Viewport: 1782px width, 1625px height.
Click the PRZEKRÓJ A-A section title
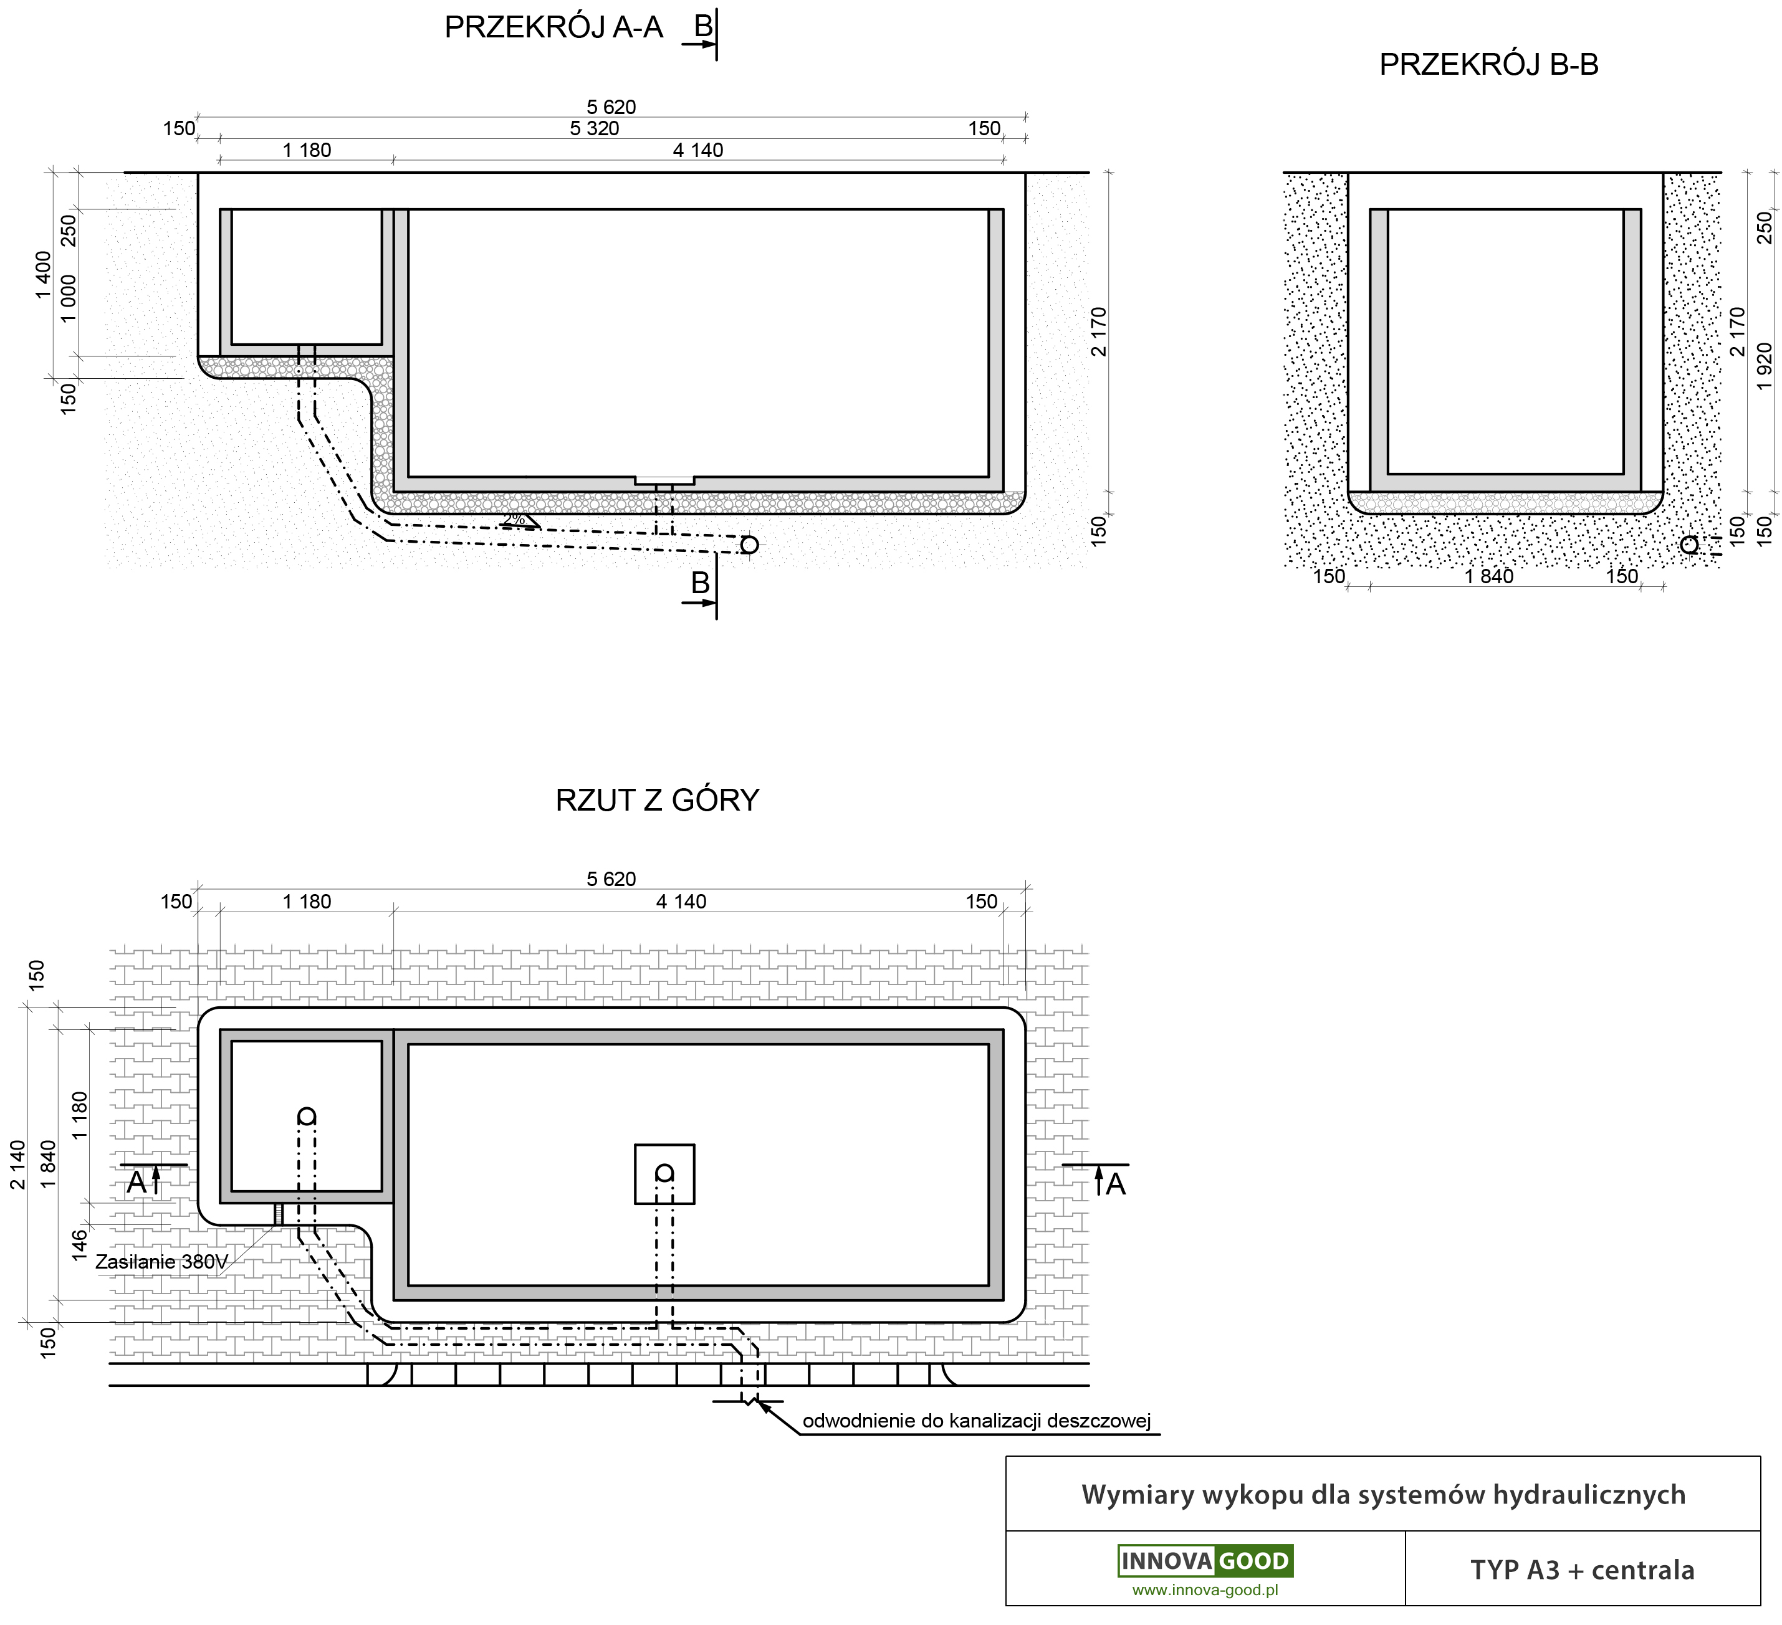point(553,27)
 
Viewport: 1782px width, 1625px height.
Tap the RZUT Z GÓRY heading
point(657,799)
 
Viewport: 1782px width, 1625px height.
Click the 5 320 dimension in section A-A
point(594,129)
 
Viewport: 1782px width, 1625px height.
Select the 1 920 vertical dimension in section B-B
point(1765,366)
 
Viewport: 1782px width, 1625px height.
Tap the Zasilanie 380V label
point(162,1262)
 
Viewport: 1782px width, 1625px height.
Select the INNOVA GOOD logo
point(1205,1561)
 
